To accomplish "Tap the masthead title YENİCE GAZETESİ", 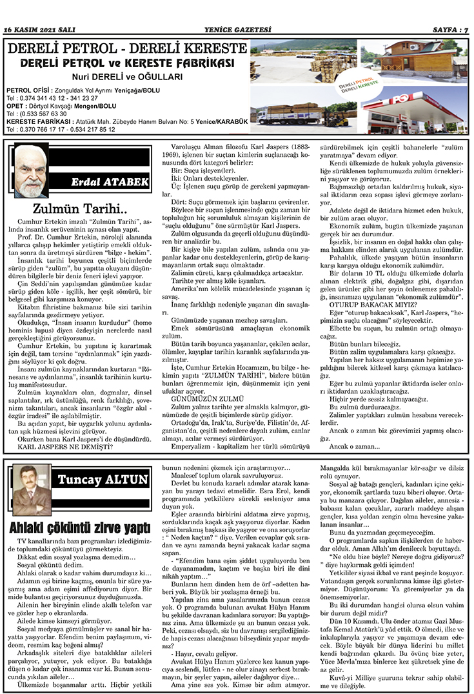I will point(236,30).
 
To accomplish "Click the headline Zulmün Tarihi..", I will point(80,209).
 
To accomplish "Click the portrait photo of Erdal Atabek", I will point(30,170).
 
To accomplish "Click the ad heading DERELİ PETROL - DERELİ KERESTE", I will point(127,49).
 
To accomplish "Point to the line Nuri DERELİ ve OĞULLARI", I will point(127,77).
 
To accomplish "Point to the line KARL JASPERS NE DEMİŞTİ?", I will point(64,445).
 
